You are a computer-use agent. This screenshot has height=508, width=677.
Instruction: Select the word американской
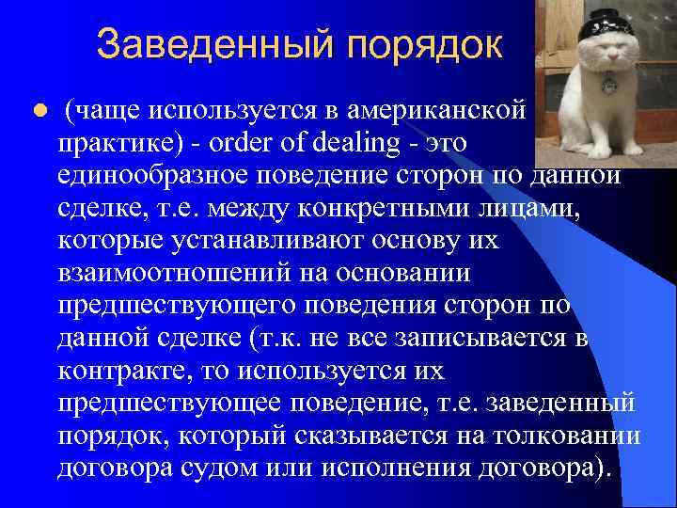[x=435, y=111]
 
